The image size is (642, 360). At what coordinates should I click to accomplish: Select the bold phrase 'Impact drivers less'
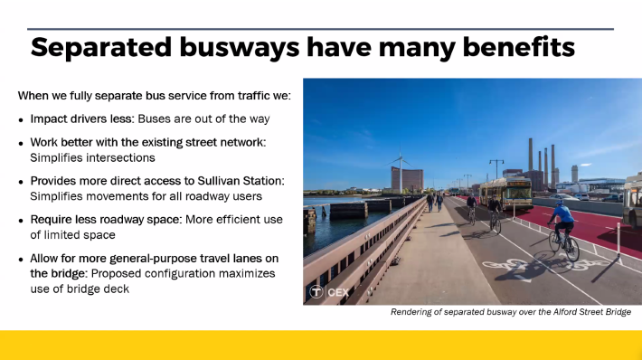click(84, 118)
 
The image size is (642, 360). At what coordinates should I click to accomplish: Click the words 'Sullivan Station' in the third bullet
click(247, 182)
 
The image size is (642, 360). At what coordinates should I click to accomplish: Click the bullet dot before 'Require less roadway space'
click(22, 221)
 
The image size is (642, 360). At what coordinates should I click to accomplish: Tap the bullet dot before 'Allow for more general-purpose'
click(22, 260)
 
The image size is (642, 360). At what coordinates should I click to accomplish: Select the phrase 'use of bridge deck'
click(79, 289)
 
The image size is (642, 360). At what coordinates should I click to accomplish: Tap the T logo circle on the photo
click(316, 291)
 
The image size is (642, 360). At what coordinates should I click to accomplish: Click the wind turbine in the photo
click(399, 173)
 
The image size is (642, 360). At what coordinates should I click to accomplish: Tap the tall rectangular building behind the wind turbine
click(411, 178)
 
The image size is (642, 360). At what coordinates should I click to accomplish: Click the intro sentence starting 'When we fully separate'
click(148, 95)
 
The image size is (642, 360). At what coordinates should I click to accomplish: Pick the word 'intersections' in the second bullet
click(118, 157)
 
